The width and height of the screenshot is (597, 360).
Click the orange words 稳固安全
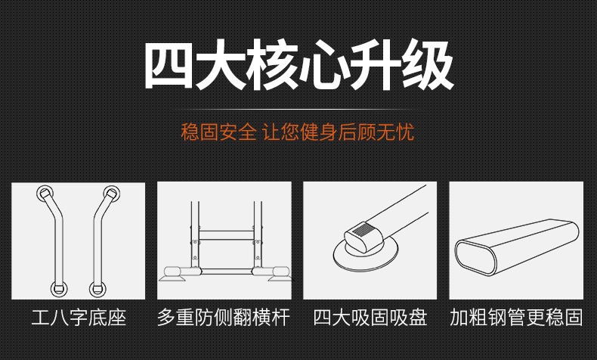[x=218, y=132]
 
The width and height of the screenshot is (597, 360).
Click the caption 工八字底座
[x=79, y=318]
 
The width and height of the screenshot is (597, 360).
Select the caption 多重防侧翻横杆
[x=224, y=318]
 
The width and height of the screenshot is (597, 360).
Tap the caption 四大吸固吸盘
[x=370, y=318]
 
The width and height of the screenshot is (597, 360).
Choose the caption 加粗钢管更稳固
[x=516, y=318]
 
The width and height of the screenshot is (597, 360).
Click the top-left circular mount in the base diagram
[x=45, y=194]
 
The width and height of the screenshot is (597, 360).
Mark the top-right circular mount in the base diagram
[x=112, y=194]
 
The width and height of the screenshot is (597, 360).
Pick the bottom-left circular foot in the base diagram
[x=59, y=289]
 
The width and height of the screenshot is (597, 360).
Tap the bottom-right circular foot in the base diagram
[x=97, y=289]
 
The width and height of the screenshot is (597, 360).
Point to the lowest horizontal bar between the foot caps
[x=227, y=272]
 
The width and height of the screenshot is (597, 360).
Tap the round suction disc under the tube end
[x=367, y=254]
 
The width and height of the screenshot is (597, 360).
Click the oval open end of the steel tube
[x=476, y=258]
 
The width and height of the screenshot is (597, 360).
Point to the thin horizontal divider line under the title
[x=297, y=110]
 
